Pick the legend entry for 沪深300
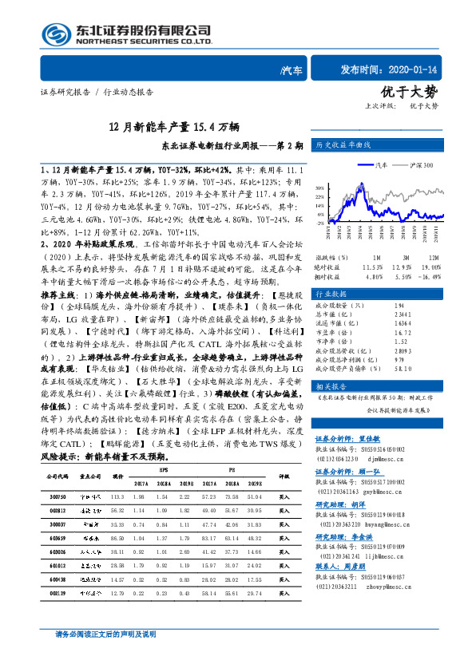[x=417, y=164]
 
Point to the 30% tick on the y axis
[x=321, y=176]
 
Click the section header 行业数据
[x=333, y=294]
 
